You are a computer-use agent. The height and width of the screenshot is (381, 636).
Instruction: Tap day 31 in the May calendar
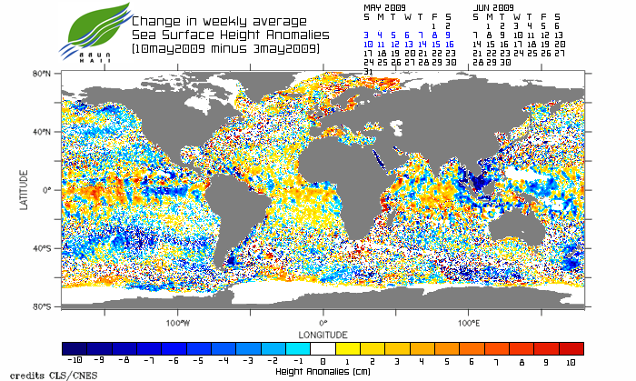tap(368, 71)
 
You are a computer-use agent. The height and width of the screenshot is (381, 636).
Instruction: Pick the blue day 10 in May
tap(368, 44)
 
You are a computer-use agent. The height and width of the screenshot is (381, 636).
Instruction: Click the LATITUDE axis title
tap(25, 189)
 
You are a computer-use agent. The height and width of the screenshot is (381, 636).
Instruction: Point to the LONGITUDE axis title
tap(323, 333)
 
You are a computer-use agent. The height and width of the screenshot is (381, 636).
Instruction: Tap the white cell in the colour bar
tap(323, 348)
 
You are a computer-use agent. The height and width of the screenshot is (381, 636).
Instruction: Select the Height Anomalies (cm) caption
tap(323, 371)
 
